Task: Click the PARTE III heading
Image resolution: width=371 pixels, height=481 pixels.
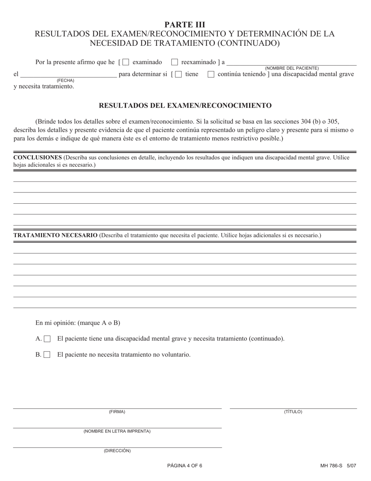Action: point(185,25)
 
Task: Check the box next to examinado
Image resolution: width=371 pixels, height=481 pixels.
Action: point(126,62)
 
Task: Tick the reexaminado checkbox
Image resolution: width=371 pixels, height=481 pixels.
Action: point(175,62)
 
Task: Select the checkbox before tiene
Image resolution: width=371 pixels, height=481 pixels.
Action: point(178,74)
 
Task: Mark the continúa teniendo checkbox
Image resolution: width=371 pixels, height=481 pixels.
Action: point(211,74)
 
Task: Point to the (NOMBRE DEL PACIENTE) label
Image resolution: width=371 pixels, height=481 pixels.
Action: point(292,68)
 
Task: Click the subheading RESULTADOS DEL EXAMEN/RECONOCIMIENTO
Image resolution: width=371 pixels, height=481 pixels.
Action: point(185,106)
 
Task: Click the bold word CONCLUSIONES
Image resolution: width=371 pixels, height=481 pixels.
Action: point(37,158)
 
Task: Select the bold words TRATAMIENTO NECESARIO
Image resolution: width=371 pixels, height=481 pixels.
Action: point(55,235)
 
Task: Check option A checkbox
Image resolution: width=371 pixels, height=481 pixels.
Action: point(47,339)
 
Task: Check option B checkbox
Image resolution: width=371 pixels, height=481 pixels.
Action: point(47,355)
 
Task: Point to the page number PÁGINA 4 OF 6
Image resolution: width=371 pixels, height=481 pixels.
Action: point(185,466)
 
